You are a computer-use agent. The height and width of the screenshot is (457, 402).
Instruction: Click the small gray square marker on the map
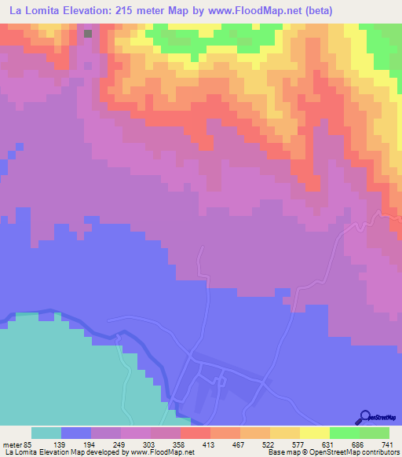tap(88, 34)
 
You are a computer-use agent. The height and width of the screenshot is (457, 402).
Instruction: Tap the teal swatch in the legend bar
tap(46, 433)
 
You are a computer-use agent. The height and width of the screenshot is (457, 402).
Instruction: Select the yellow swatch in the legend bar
tap(315, 433)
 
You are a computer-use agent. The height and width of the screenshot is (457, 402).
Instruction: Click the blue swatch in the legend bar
tap(76, 433)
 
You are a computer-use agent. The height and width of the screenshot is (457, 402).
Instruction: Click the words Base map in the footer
tap(282, 452)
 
